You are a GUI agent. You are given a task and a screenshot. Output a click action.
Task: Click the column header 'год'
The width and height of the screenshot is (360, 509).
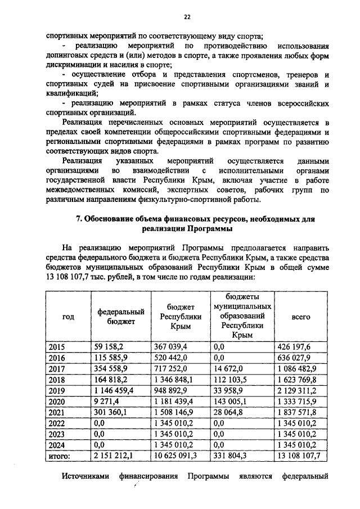click(68, 317)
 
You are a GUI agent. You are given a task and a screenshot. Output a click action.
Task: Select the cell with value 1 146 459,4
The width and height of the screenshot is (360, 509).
click(114, 390)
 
